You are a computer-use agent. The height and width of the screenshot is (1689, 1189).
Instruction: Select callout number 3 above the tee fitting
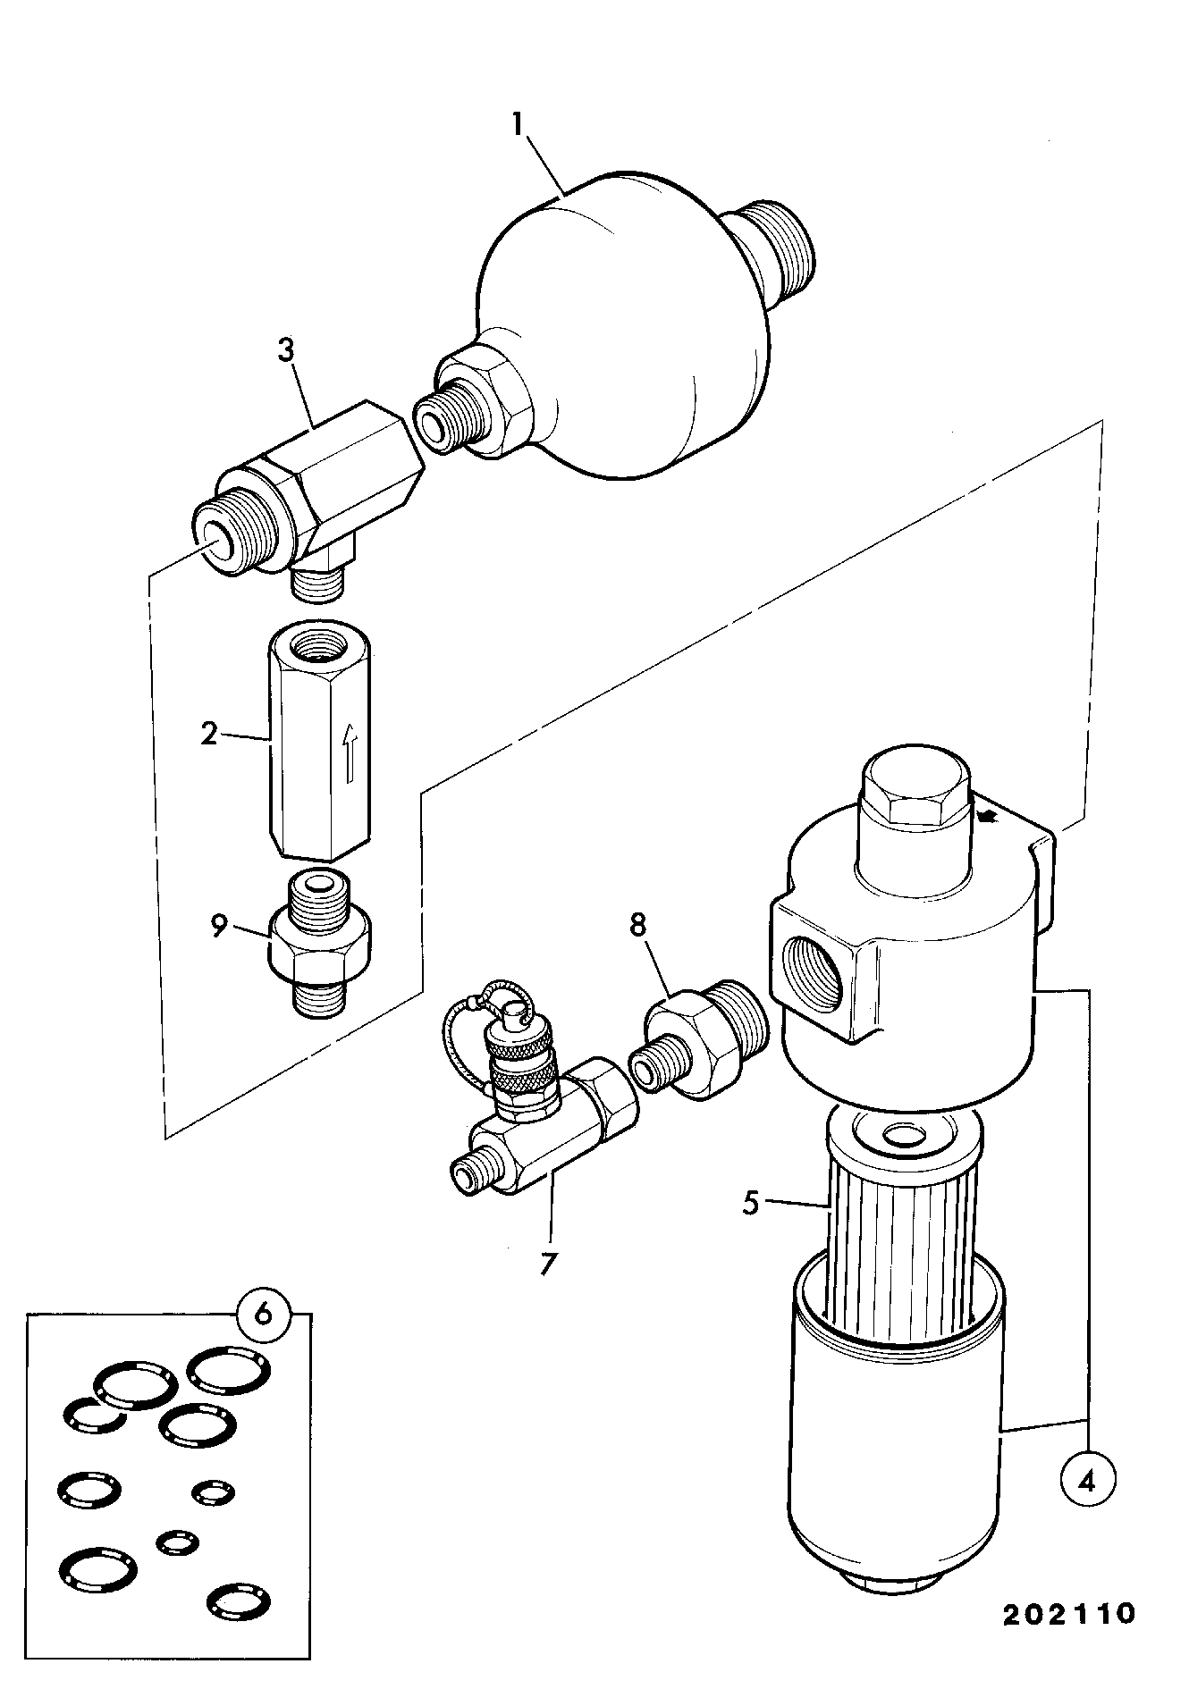[285, 350]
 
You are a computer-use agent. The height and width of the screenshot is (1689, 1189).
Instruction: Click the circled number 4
[1087, 1482]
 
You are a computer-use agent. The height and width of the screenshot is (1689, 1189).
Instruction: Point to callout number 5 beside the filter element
[752, 1203]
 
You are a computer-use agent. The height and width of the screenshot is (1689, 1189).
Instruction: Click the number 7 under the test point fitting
[549, 1263]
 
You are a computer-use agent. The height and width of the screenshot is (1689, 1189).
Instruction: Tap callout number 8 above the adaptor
[638, 925]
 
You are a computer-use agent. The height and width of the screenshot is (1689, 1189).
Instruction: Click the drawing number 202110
[1068, 1614]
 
